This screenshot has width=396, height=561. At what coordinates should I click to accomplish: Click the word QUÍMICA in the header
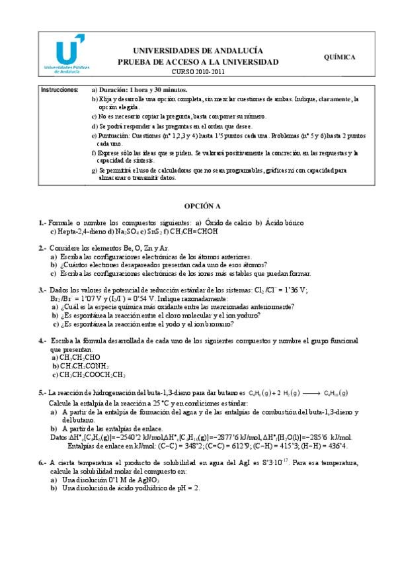click(x=340, y=57)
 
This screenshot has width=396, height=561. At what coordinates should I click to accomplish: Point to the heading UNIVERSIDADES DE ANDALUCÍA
click(x=198, y=50)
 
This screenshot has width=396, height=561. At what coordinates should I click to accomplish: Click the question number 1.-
click(x=42, y=223)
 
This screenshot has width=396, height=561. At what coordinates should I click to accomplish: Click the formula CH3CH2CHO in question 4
click(x=79, y=357)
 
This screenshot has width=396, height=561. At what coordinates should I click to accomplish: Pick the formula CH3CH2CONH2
click(x=83, y=366)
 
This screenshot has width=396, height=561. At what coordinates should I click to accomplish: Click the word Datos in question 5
click(x=59, y=437)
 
